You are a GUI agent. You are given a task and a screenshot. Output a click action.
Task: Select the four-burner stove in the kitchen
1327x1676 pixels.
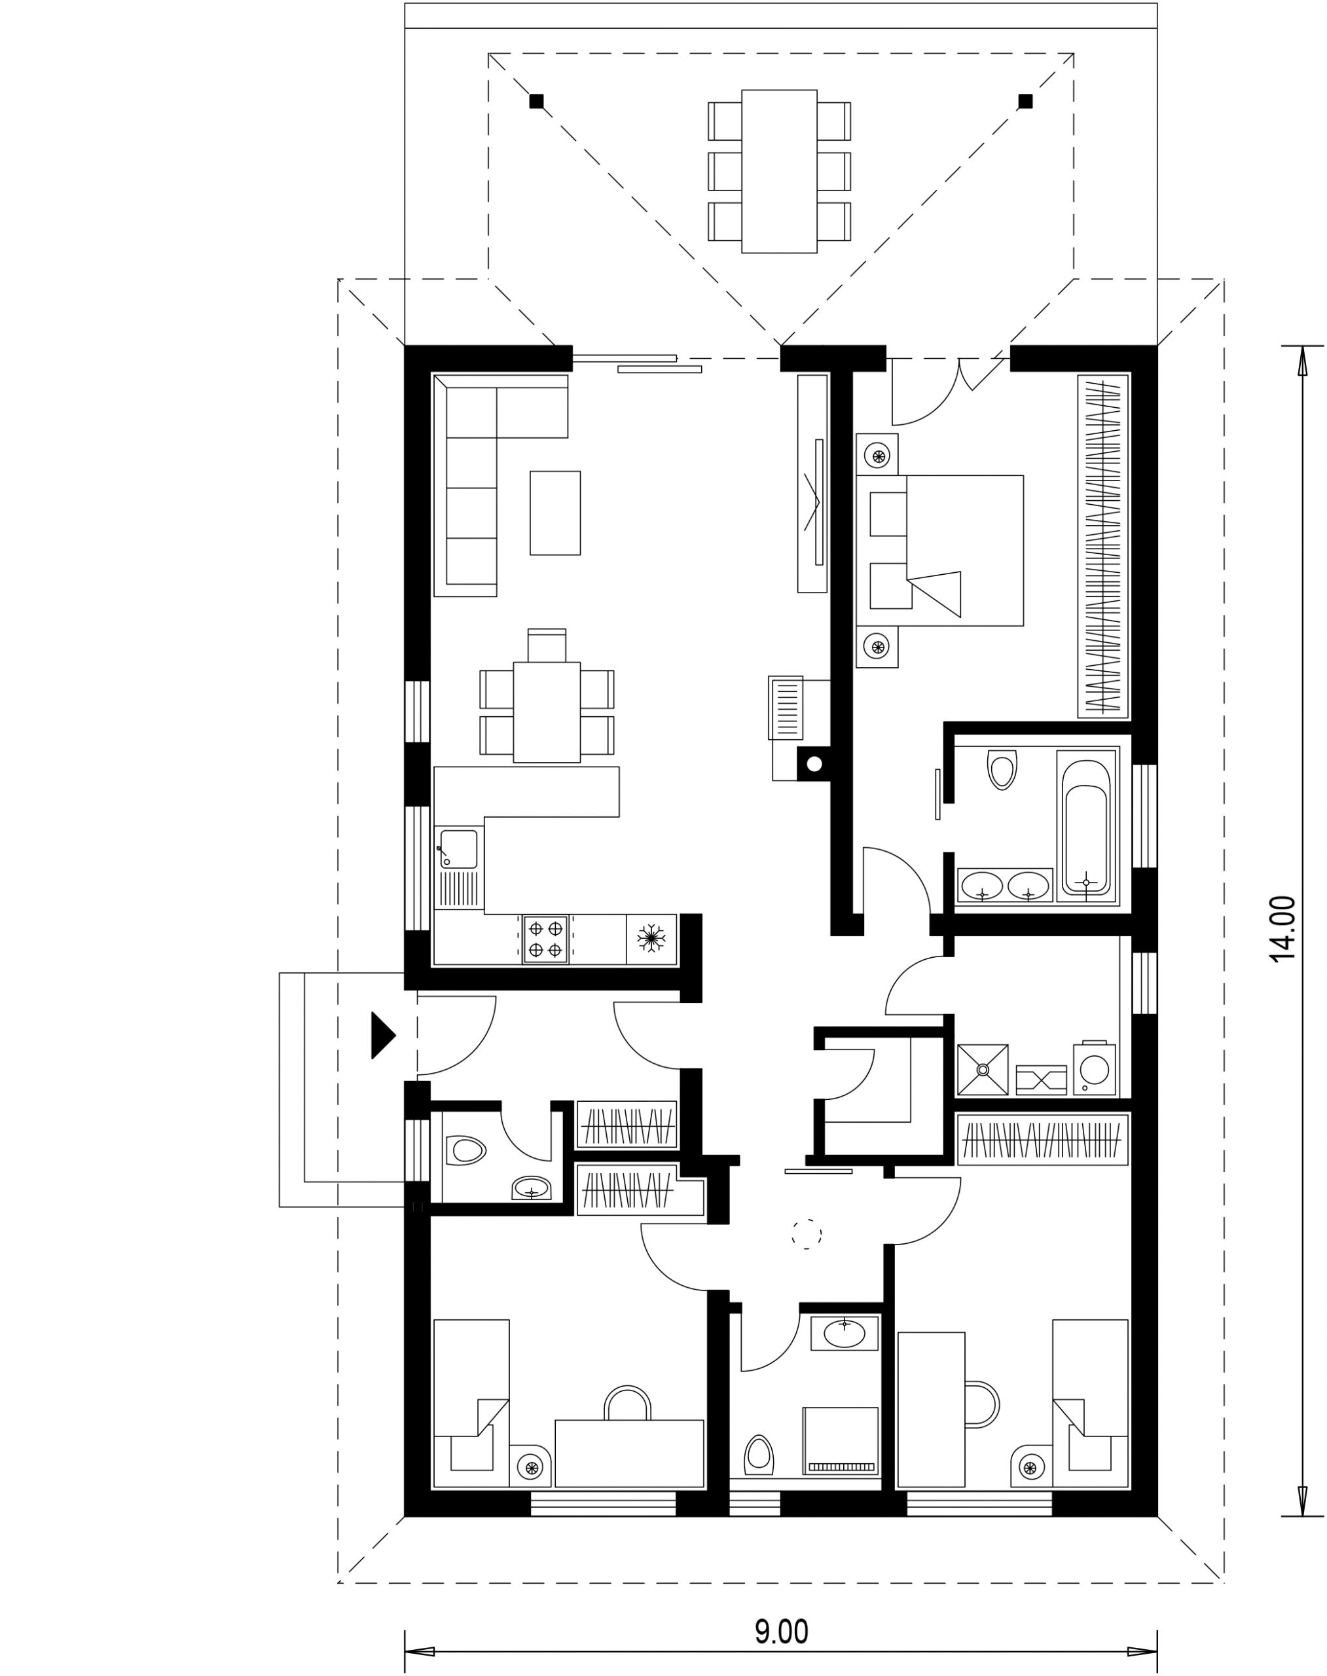click(x=545, y=939)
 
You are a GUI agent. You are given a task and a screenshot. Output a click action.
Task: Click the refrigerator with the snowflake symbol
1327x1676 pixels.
click(x=651, y=939)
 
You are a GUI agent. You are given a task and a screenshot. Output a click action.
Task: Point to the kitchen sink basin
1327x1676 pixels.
click(x=458, y=848)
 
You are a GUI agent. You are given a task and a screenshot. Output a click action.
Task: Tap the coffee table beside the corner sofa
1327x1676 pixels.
click(x=554, y=513)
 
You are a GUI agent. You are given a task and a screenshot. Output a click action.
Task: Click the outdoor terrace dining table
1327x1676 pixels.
click(x=779, y=172)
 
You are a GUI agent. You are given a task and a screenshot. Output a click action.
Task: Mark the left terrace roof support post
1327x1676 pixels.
click(x=536, y=101)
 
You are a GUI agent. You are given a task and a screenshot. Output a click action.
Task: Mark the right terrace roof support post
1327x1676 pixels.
click(x=1026, y=101)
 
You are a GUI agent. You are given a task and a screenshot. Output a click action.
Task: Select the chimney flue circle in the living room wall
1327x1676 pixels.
click(x=814, y=765)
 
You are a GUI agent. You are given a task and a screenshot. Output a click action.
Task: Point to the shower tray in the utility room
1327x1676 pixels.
click(x=983, y=1070)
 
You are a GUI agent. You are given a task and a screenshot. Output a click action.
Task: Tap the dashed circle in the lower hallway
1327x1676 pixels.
click(x=807, y=1234)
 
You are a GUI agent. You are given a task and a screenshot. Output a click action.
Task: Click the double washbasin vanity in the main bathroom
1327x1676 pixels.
click(x=1006, y=885)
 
